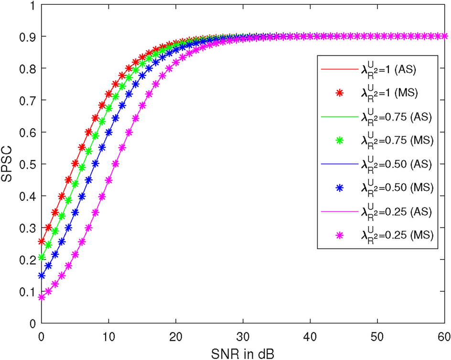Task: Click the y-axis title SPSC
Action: [10, 164]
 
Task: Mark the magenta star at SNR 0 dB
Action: [42, 297]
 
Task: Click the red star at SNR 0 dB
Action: [42, 241]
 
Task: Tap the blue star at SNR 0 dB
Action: [42, 276]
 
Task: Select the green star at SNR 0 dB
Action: [42, 257]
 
